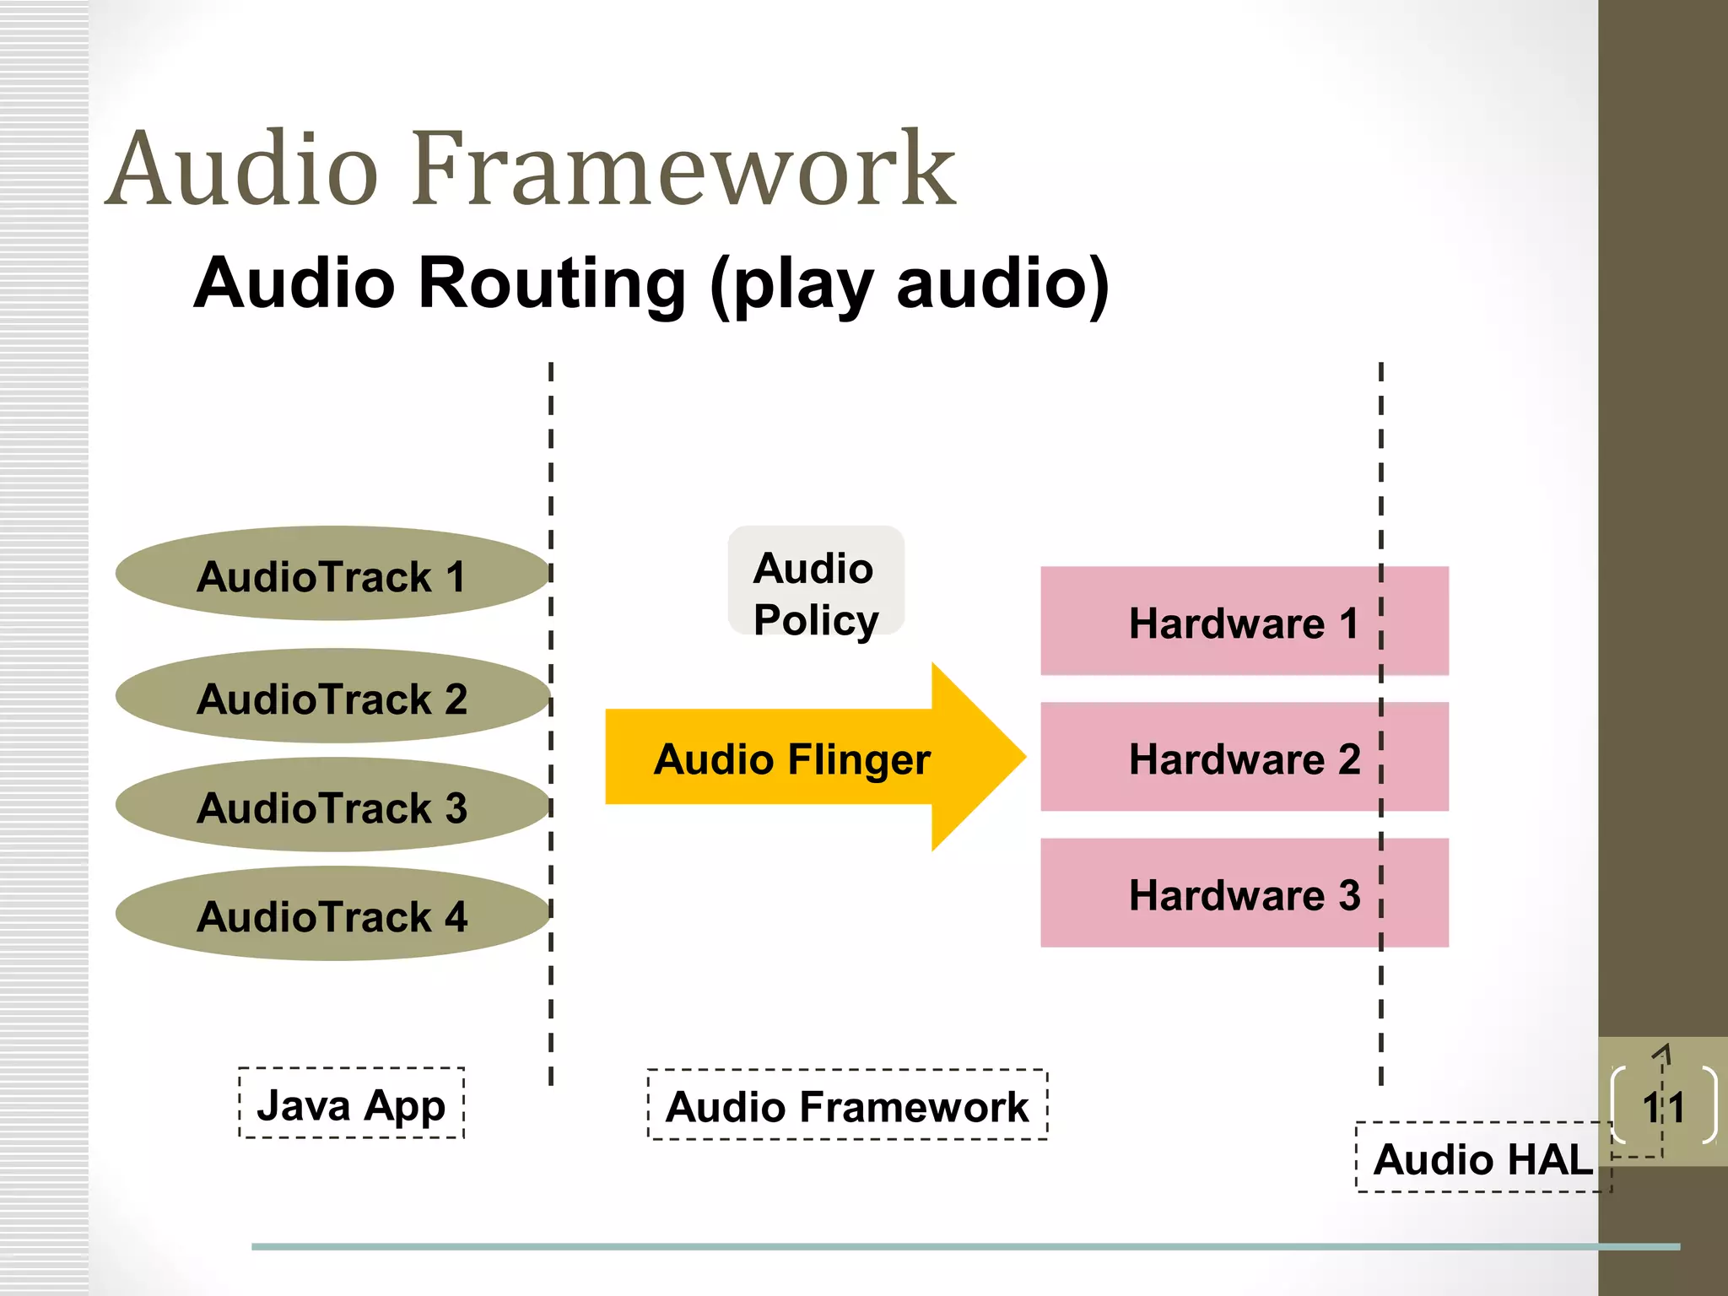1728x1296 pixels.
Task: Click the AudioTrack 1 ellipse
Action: [x=332, y=574]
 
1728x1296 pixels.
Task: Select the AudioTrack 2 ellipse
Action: [x=332, y=696]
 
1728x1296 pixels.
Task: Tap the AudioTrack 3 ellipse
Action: [x=332, y=805]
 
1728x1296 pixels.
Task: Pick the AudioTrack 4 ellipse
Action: [x=332, y=914]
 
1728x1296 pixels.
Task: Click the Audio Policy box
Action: [x=815, y=581]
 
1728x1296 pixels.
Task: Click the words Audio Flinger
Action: [x=791, y=759]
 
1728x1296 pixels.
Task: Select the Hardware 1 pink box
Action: [x=1244, y=622]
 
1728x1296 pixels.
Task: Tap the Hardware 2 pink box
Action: [x=1244, y=758]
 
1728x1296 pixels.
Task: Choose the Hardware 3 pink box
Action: [x=1244, y=894]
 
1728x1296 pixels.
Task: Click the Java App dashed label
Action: [x=351, y=1104]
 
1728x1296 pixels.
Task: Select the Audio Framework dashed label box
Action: [x=847, y=1105]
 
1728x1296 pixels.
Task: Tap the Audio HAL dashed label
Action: [x=1482, y=1158]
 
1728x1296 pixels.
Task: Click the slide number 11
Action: [x=1663, y=1107]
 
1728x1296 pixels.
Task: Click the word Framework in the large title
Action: [x=683, y=169]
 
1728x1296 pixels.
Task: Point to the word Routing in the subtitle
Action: [x=553, y=283]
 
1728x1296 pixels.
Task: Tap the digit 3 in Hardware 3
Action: [x=1349, y=894]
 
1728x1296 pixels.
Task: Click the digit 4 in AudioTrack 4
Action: [x=456, y=916]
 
